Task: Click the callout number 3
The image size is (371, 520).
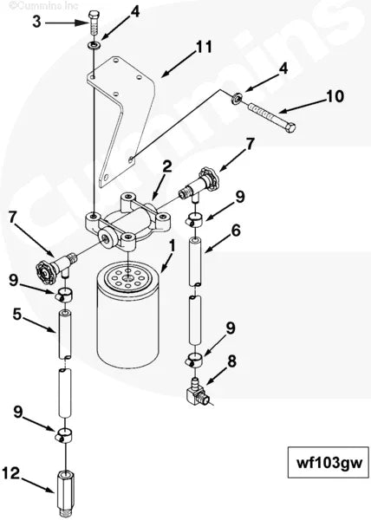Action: click(x=36, y=22)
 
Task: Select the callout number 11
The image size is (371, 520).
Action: click(x=205, y=47)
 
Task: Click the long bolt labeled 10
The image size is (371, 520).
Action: click(x=271, y=117)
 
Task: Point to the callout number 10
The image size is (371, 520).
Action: click(x=335, y=96)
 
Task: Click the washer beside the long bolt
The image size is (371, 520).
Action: click(x=237, y=98)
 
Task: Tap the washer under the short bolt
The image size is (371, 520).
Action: click(x=94, y=45)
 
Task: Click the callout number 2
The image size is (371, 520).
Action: click(x=167, y=166)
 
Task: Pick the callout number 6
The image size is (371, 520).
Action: click(x=236, y=231)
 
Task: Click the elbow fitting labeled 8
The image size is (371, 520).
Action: click(x=198, y=393)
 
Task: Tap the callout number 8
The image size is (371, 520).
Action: click(x=231, y=361)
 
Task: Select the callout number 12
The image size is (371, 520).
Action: click(x=11, y=473)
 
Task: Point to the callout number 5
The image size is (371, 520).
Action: click(x=16, y=315)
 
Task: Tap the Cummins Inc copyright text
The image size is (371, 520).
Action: click(x=43, y=6)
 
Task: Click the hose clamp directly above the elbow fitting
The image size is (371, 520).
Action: click(x=194, y=360)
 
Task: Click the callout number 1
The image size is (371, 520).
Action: click(x=172, y=247)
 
